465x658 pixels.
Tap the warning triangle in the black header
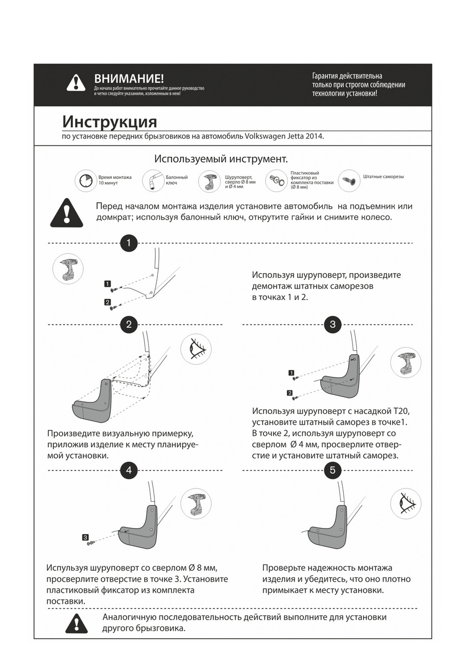coord(76,83)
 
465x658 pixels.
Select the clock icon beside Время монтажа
coord(86,180)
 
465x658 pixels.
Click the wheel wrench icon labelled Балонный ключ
coord(153,180)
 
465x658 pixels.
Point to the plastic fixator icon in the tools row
coord(277,180)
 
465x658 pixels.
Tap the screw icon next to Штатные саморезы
coord(349,180)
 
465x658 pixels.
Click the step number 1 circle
coord(128,242)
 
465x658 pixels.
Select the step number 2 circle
coord(128,324)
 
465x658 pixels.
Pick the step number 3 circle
coord(333,324)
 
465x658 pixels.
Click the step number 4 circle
coord(128,470)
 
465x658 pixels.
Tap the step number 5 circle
coord(333,470)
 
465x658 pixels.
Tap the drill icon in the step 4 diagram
coord(196,503)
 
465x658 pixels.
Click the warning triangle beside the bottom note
coord(76,623)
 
